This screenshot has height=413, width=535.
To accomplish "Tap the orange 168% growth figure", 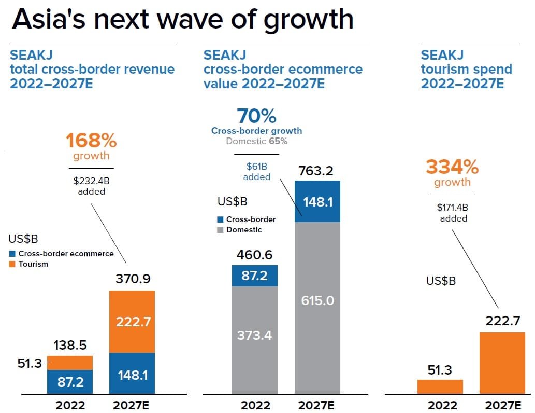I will (91, 141).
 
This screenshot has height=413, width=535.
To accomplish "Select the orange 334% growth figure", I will (452, 167).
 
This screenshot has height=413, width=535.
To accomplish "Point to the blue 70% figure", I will (256, 116).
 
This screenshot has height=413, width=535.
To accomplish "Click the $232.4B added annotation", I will (91, 186).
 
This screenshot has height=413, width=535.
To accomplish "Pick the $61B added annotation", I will (256, 171).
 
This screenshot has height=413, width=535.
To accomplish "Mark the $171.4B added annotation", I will (453, 213).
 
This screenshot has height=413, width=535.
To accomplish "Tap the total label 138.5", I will (70, 345).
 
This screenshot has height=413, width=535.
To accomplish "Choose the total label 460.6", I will (255, 255).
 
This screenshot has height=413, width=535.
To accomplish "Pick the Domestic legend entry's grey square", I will (220, 230).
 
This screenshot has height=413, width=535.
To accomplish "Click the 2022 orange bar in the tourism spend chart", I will (440, 387).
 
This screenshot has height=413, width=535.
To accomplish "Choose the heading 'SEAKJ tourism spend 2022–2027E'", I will (466, 69).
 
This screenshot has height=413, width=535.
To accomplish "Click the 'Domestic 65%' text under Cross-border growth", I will (256, 141).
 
